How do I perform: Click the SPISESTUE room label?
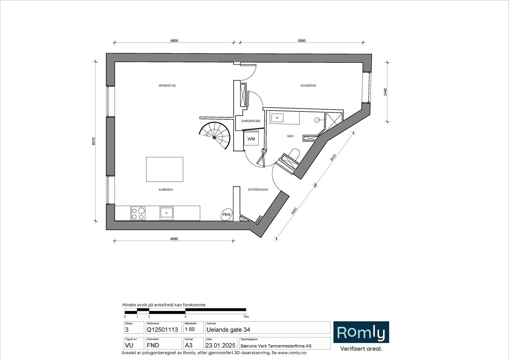tap(167, 86)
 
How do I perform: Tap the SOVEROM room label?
tap(308, 86)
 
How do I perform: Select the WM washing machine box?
tap(251, 139)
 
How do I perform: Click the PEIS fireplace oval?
tap(227, 215)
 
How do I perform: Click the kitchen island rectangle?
tap(164, 169)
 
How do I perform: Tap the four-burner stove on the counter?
tap(138, 213)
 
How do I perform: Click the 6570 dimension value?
tap(94, 141)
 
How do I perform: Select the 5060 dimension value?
tap(301, 41)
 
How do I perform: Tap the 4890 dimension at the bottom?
tap(174, 239)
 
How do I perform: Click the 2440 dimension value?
tap(386, 92)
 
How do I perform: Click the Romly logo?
tap(361, 333)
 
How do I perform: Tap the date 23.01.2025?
tap(220, 346)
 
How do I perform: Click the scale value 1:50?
tap(190, 329)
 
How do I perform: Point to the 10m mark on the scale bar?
tap(246, 317)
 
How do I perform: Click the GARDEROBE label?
tap(251, 121)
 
